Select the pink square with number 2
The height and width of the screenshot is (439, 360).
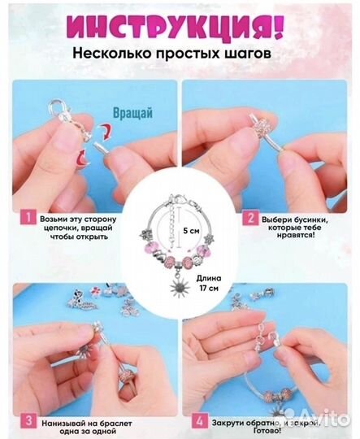(249, 218)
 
